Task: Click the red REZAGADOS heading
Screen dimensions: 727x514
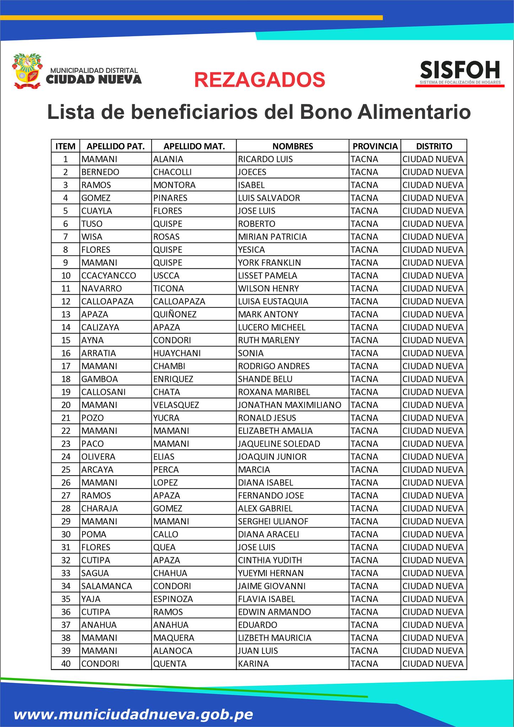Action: [260, 80]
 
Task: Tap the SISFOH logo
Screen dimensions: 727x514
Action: [460, 73]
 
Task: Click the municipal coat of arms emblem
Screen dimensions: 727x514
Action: [27, 71]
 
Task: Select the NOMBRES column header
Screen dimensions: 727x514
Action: [292, 146]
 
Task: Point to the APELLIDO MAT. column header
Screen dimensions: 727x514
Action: [194, 146]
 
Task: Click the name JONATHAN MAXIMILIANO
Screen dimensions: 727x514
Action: [290, 405]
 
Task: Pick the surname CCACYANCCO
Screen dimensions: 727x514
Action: [109, 275]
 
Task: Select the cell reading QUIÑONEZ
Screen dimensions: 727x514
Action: [175, 314]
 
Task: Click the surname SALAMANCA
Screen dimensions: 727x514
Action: [107, 586]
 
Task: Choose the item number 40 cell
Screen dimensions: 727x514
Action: [66, 663]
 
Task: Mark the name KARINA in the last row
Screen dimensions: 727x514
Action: [253, 663]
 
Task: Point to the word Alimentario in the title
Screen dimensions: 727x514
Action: [414, 112]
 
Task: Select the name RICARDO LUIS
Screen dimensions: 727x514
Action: [265, 159]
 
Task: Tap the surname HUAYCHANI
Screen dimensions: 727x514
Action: [177, 353]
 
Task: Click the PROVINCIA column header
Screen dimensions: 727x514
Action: [375, 146]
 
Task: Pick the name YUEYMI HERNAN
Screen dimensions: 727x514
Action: [271, 573]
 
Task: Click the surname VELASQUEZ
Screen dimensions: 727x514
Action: [176, 405]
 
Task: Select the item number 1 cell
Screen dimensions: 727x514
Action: [66, 159]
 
